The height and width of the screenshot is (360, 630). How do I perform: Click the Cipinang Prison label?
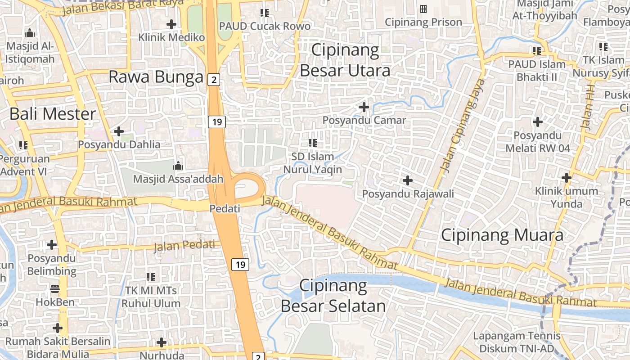[423, 22]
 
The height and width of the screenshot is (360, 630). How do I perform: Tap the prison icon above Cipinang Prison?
[423, 9]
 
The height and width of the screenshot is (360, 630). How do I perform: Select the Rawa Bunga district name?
[156, 77]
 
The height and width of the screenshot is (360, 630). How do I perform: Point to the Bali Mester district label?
[53, 114]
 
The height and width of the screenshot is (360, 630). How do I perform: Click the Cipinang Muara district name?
[502, 235]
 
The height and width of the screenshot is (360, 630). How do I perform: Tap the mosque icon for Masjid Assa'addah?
[178, 166]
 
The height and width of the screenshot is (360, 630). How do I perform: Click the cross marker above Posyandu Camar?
[364, 107]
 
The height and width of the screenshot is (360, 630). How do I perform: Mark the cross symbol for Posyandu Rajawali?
[408, 180]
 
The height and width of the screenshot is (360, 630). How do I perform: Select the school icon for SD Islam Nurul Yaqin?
[313, 143]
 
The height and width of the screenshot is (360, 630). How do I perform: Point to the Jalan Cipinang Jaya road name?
[463, 126]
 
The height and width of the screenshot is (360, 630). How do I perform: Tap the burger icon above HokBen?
[55, 288]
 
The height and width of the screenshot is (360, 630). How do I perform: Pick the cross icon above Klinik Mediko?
[171, 24]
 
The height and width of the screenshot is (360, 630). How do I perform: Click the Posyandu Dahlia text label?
[119, 144]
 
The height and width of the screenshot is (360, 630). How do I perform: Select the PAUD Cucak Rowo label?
[265, 26]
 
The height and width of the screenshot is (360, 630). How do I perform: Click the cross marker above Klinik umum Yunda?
[566, 178]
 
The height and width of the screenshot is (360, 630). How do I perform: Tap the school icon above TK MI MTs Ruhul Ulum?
[151, 277]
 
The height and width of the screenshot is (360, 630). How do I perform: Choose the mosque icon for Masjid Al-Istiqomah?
[30, 33]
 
